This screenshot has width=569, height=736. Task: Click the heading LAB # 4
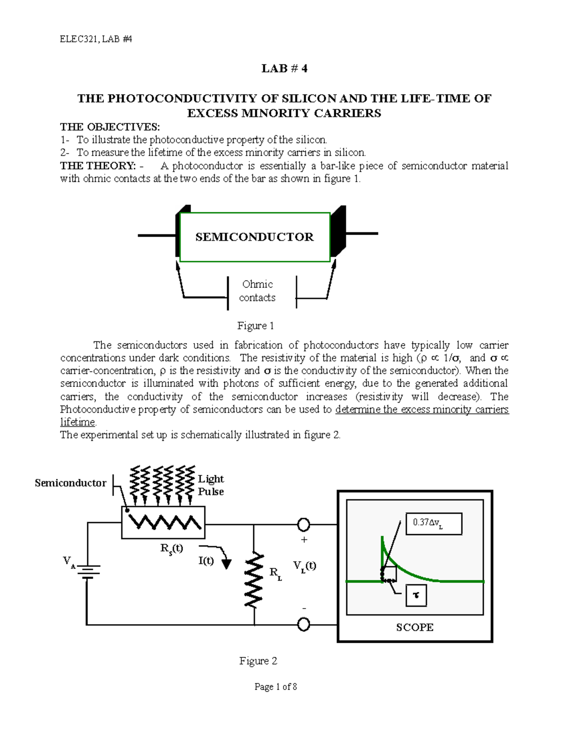click(x=284, y=69)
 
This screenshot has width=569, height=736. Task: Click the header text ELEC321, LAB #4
click(x=95, y=39)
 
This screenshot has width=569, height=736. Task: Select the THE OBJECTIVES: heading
click(x=110, y=127)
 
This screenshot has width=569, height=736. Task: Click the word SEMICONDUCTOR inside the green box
click(x=255, y=237)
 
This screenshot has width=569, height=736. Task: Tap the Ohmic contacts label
click(x=257, y=291)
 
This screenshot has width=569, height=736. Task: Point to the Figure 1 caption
click(x=256, y=326)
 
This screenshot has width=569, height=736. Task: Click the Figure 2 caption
click(x=258, y=661)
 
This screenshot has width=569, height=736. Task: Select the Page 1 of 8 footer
click(x=275, y=687)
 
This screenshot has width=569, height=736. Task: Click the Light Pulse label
click(x=211, y=485)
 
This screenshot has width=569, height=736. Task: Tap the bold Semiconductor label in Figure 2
click(x=70, y=483)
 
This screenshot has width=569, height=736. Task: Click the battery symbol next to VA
click(x=87, y=572)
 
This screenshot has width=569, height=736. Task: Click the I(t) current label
click(x=206, y=561)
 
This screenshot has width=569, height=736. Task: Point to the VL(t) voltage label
click(x=304, y=565)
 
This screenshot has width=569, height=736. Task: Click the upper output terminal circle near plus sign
click(x=303, y=525)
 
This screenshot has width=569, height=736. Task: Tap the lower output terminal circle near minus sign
click(x=303, y=625)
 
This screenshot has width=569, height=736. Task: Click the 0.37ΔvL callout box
click(x=433, y=524)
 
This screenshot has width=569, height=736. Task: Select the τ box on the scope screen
click(x=416, y=595)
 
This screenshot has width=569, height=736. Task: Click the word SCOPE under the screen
click(x=415, y=627)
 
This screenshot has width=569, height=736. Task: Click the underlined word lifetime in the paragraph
click(x=78, y=422)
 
